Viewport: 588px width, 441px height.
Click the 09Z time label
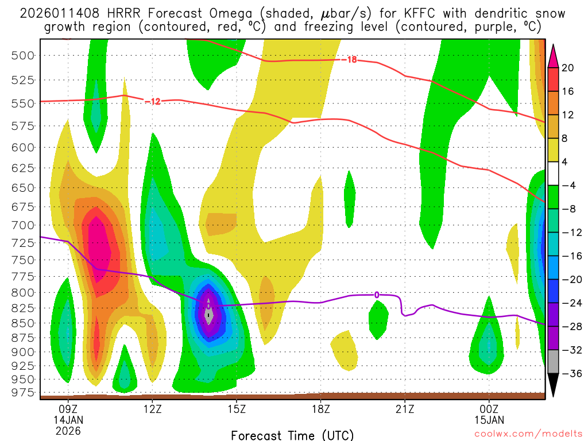click(68, 409)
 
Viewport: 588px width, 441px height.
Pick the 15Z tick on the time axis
click(237, 409)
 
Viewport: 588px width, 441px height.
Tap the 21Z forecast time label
click(405, 409)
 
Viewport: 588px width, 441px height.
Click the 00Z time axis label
click(489, 409)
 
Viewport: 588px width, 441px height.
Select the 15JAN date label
click(489, 420)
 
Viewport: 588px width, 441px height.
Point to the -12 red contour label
click(152, 102)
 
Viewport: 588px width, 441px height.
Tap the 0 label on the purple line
click(377, 295)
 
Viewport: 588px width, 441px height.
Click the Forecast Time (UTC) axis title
click(292, 435)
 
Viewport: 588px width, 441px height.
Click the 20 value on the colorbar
click(568, 68)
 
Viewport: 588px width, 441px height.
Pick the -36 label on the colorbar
click(568, 373)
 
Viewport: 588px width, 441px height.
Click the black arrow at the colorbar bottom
click(554, 385)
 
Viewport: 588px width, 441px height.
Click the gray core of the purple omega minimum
click(210, 314)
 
